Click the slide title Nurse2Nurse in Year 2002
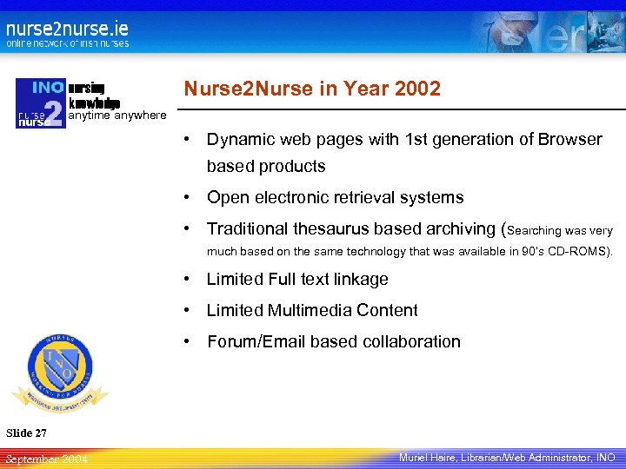[311, 89]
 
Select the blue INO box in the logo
[49, 88]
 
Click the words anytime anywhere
[117, 115]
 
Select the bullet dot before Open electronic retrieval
[187, 198]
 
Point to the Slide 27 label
[26, 433]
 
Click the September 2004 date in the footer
[45, 459]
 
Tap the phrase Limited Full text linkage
[297, 280]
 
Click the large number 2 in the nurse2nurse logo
[53, 113]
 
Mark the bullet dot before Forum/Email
[187, 342]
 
